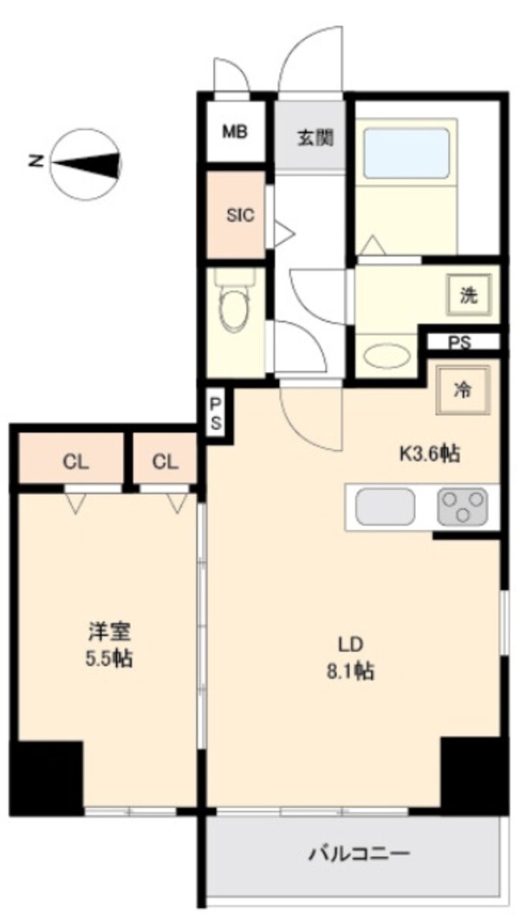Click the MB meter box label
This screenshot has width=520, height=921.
(x=235, y=132)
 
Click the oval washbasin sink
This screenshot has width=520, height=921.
(x=387, y=356)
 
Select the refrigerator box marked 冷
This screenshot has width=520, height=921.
(x=464, y=389)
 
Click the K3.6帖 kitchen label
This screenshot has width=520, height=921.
(x=428, y=452)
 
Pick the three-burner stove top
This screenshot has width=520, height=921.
(x=463, y=506)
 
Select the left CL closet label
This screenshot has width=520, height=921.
(x=75, y=462)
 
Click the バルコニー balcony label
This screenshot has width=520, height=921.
(x=359, y=854)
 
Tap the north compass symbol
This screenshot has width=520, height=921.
(x=85, y=162)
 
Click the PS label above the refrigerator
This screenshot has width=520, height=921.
(x=459, y=342)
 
